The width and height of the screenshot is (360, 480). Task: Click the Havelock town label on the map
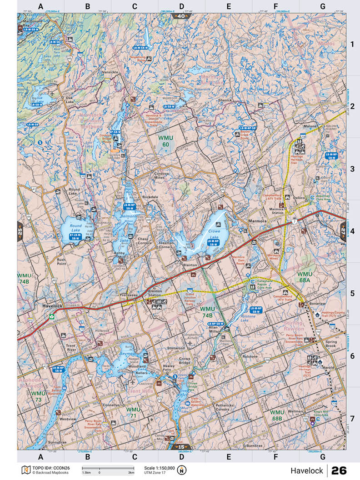(x=52, y=306)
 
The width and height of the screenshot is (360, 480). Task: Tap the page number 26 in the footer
(x=339, y=470)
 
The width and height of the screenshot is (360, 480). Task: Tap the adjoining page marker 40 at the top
(x=181, y=16)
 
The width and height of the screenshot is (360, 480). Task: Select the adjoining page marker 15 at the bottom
(x=181, y=447)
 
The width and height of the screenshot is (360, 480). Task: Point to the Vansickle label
(x=110, y=72)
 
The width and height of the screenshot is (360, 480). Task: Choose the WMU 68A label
(x=305, y=277)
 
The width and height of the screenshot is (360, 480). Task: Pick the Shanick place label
(x=225, y=100)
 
